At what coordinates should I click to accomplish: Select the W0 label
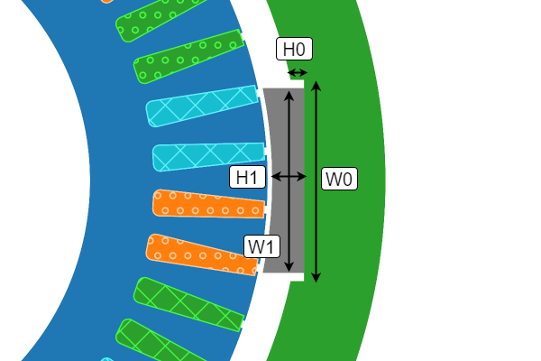[x=339, y=179]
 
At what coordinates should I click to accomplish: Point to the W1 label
[x=263, y=245]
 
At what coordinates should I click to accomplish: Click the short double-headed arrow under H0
[x=297, y=73]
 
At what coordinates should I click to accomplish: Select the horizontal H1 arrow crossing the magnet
[x=289, y=178]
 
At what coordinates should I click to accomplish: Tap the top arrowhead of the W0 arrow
[x=316, y=84]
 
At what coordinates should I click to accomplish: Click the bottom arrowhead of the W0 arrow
[x=316, y=278]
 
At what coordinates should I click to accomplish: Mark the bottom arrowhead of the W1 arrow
[x=289, y=267]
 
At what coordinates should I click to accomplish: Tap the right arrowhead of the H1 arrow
[x=302, y=178]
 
